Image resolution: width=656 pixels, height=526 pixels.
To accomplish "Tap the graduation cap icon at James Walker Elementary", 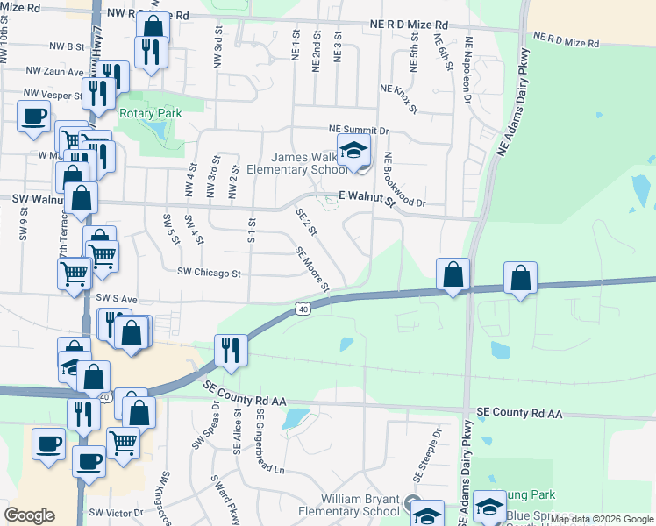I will (353, 150).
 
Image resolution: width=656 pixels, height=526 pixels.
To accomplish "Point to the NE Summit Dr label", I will (358, 130).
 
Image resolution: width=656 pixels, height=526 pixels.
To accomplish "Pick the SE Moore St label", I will (312, 269).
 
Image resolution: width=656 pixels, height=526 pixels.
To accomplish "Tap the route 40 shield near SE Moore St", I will (303, 309).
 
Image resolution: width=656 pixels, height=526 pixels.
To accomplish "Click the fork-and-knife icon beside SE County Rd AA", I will (226, 351).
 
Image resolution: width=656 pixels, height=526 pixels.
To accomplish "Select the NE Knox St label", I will (402, 89).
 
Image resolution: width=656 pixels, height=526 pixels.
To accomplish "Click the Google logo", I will (29, 515).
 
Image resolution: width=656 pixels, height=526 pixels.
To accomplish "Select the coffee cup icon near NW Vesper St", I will (34, 117).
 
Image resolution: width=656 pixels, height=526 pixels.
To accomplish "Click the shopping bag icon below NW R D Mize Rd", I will (153, 26).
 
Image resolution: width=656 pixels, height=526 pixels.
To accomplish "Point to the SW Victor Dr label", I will (116, 512).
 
